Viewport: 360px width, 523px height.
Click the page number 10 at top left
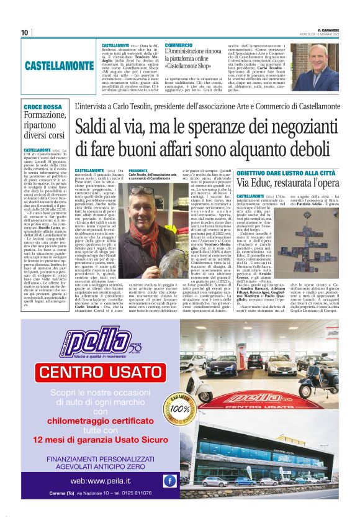pos(24,32)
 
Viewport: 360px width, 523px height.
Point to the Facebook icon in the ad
pos(169,480)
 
